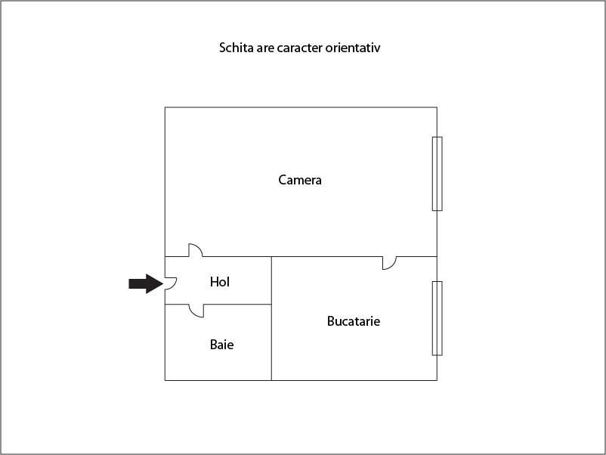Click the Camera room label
[x=300, y=180]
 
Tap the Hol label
[x=220, y=282]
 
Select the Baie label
[x=221, y=345]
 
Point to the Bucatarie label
[x=353, y=321]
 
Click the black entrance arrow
[x=145, y=283]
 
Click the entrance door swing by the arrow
[x=171, y=283]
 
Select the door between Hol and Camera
[x=196, y=250]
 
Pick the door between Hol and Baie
[x=196, y=311]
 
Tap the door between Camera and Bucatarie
[x=390, y=263]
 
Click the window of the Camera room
[x=437, y=174]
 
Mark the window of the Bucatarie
[x=437, y=318]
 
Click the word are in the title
[x=265, y=48]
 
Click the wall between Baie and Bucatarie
[x=271, y=342]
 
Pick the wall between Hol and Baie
[x=237, y=305]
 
